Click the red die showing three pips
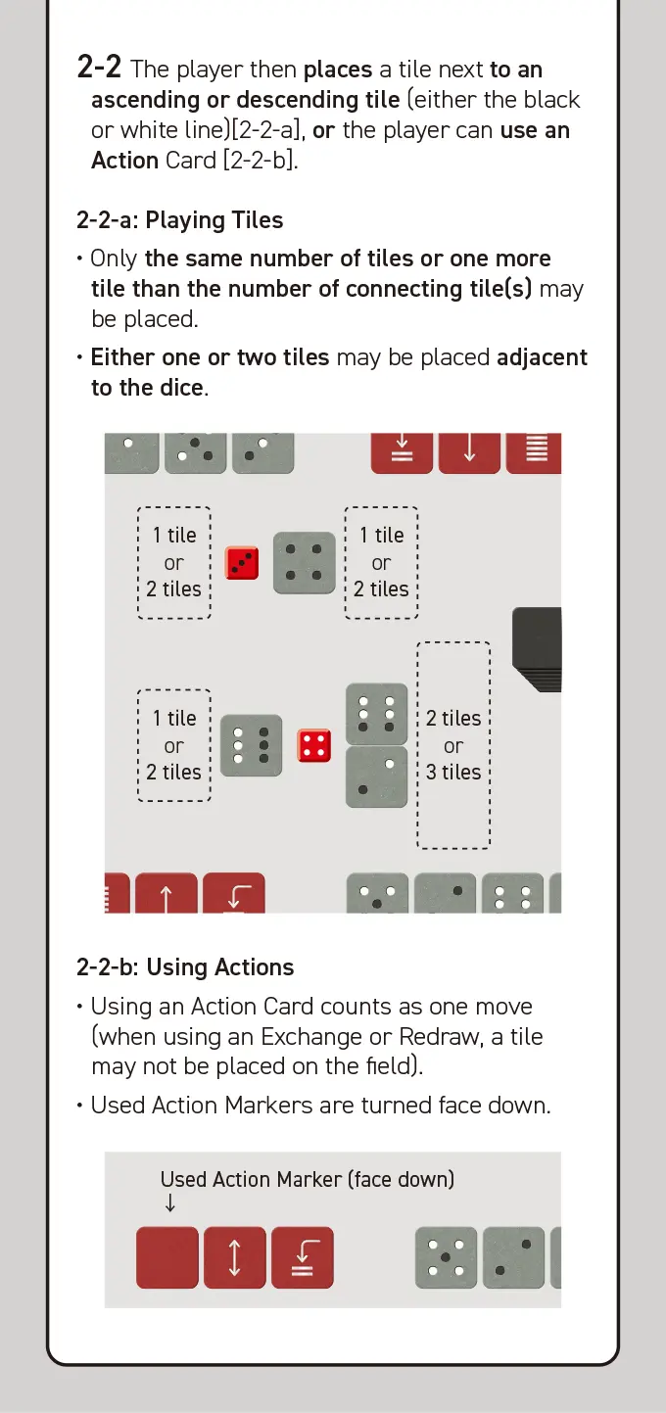tap(242, 563)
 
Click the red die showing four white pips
tap(314, 745)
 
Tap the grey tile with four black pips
tap(304, 563)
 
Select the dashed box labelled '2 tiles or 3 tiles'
tap(453, 745)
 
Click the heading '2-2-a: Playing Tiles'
tap(180, 220)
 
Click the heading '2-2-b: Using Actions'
tap(185, 967)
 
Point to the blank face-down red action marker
tap(167, 1258)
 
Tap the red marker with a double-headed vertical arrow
tap(235, 1258)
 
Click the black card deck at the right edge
tap(537, 649)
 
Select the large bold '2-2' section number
tap(99, 67)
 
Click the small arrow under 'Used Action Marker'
tap(169, 1202)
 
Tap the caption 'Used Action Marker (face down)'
tap(308, 1180)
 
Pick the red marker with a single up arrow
tap(166, 893)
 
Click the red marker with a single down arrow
tap(469, 453)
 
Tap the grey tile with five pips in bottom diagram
tap(446, 1258)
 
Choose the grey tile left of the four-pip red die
tap(251, 745)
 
